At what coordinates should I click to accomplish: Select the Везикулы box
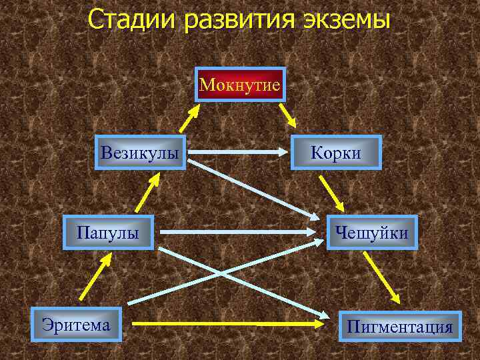click(x=140, y=153)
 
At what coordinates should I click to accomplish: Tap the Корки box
click(x=336, y=153)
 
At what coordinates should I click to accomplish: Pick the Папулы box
click(x=108, y=233)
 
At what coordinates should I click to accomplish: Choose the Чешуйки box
click(x=372, y=233)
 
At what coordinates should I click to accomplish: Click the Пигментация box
click(x=400, y=327)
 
